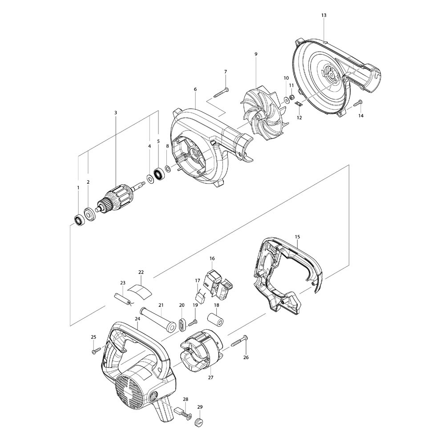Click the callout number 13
pyautogui.click(x=324, y=15)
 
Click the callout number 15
pyautogui.click(x=297, y=237)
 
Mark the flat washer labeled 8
pyautogui.click(x=168, y=169)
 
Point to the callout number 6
pyautogui.click(x=195, y=89)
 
